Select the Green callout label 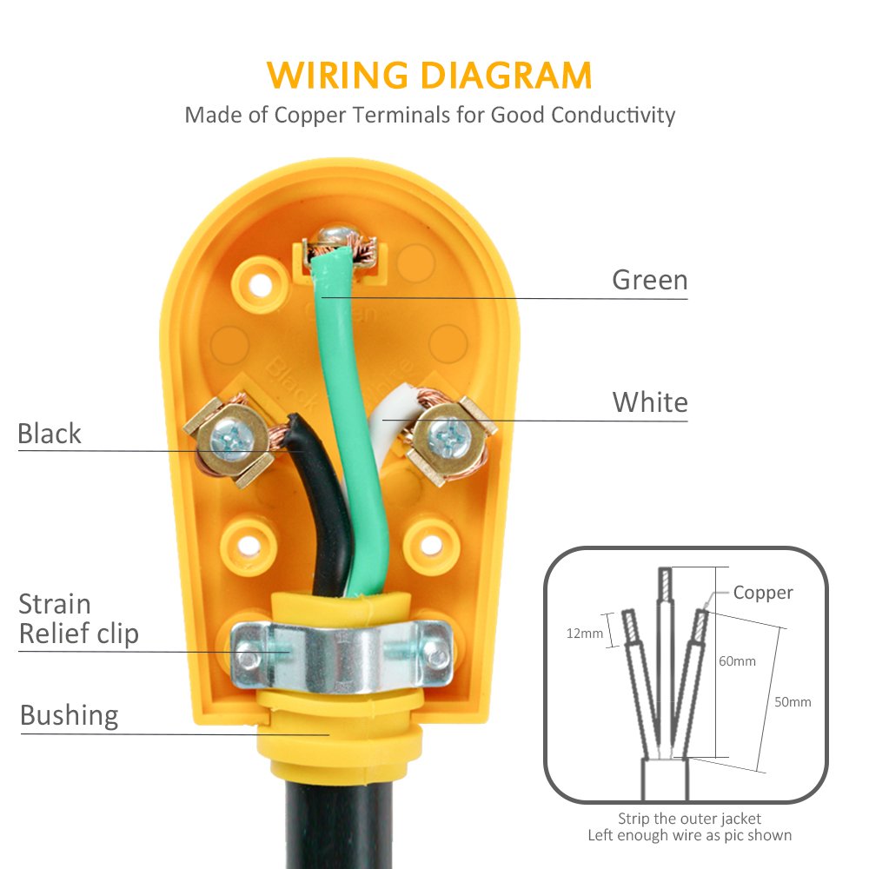649,280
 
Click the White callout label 649,402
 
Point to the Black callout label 50,434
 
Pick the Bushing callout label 69,715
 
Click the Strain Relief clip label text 78,619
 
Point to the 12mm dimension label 585,633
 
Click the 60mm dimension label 737,661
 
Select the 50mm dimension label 793,701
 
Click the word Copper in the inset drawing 763,593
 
